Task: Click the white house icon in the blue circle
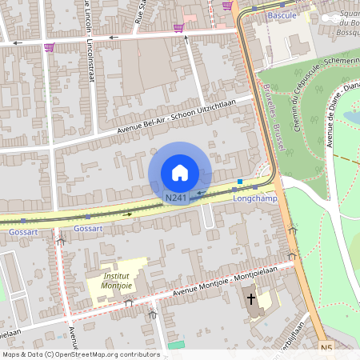point(180,172)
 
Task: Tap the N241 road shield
point(177,197)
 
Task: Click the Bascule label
point(282,15)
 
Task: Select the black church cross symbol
point(250,299)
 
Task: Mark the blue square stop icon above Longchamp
point(239,182)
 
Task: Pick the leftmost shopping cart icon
point(50,47)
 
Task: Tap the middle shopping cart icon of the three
point(178,28)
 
